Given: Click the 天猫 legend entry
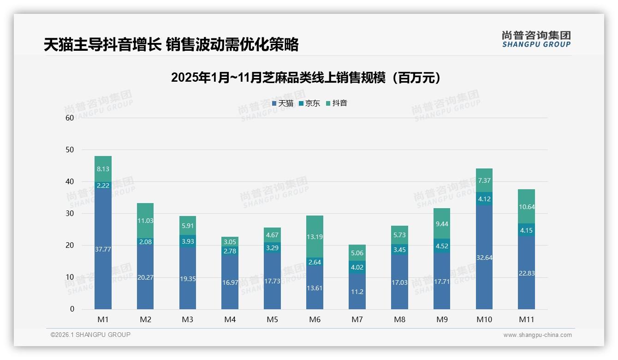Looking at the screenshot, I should click(283, 103).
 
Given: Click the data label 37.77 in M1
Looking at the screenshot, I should click(103, 249).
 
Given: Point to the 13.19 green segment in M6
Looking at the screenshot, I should click(315, 237).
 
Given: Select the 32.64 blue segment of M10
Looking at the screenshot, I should click(484, 258).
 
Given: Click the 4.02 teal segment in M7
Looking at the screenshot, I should click(357, 267).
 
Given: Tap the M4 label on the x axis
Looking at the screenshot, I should click(230, 319).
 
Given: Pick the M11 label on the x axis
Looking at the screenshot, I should click(526, 319).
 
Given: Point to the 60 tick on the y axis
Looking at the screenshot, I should click(70, 118).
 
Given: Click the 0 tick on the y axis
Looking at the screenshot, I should click(72, 309).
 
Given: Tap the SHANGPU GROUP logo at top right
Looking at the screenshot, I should click(536, 39).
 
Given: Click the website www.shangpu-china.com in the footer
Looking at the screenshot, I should click(537, 335).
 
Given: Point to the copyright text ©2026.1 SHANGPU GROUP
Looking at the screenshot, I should click(90, 335).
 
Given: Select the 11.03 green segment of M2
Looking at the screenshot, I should click(145, 221).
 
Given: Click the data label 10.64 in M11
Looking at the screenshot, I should click(526, 207).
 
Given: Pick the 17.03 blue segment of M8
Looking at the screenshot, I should click(399, 282).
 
